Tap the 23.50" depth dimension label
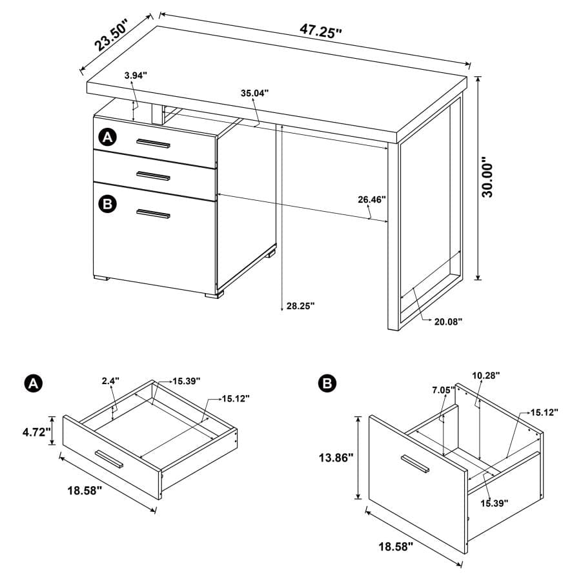112,36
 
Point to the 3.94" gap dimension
136,76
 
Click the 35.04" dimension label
255,93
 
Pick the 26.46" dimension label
372,199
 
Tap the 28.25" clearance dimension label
300,306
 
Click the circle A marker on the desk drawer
107,137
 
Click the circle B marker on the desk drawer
107,204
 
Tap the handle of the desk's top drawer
153,143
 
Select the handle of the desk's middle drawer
153,176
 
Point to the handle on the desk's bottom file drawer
153,214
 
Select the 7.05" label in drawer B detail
443,389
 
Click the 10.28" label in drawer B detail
486,374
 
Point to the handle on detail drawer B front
413,463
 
